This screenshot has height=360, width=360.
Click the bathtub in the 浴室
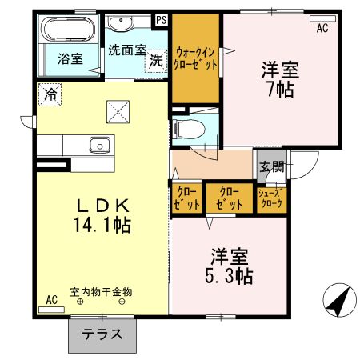point(69,29)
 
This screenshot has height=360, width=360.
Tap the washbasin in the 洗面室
point(121,22)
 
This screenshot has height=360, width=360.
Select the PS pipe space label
point(162,20)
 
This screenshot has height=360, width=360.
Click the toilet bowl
point(189,130)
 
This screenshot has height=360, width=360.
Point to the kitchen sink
point(100,145)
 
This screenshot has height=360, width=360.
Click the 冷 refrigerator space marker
point(50,94)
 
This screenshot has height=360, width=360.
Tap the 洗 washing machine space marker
point(156,61)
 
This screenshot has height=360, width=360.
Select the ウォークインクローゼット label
point(195,58)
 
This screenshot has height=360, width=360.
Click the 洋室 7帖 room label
point(280,79)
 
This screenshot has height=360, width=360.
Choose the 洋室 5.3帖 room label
point(229,266)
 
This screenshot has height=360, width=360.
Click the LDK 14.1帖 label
point(102,216)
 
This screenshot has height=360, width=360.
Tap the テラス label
point(102,334)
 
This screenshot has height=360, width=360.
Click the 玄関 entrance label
point(272,167)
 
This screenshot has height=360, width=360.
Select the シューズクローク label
point(271,198)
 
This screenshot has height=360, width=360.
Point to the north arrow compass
point(339,300)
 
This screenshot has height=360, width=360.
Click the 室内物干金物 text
point(101,292)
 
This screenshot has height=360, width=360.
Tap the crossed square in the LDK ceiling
point(118,112)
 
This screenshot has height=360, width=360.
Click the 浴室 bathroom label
point(70,58)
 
